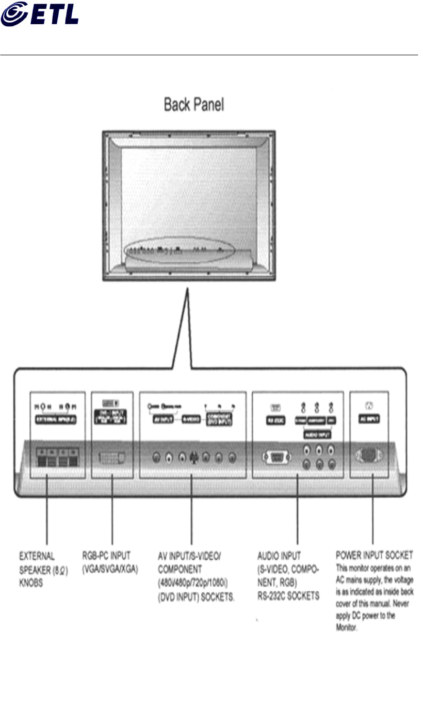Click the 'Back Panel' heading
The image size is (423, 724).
(193, 105)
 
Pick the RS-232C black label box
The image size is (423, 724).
(273, 421)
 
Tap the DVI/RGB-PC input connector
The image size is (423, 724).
(112, 457)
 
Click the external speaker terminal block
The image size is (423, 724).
(57, 457)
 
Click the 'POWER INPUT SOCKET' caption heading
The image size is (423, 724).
(374, 556)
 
